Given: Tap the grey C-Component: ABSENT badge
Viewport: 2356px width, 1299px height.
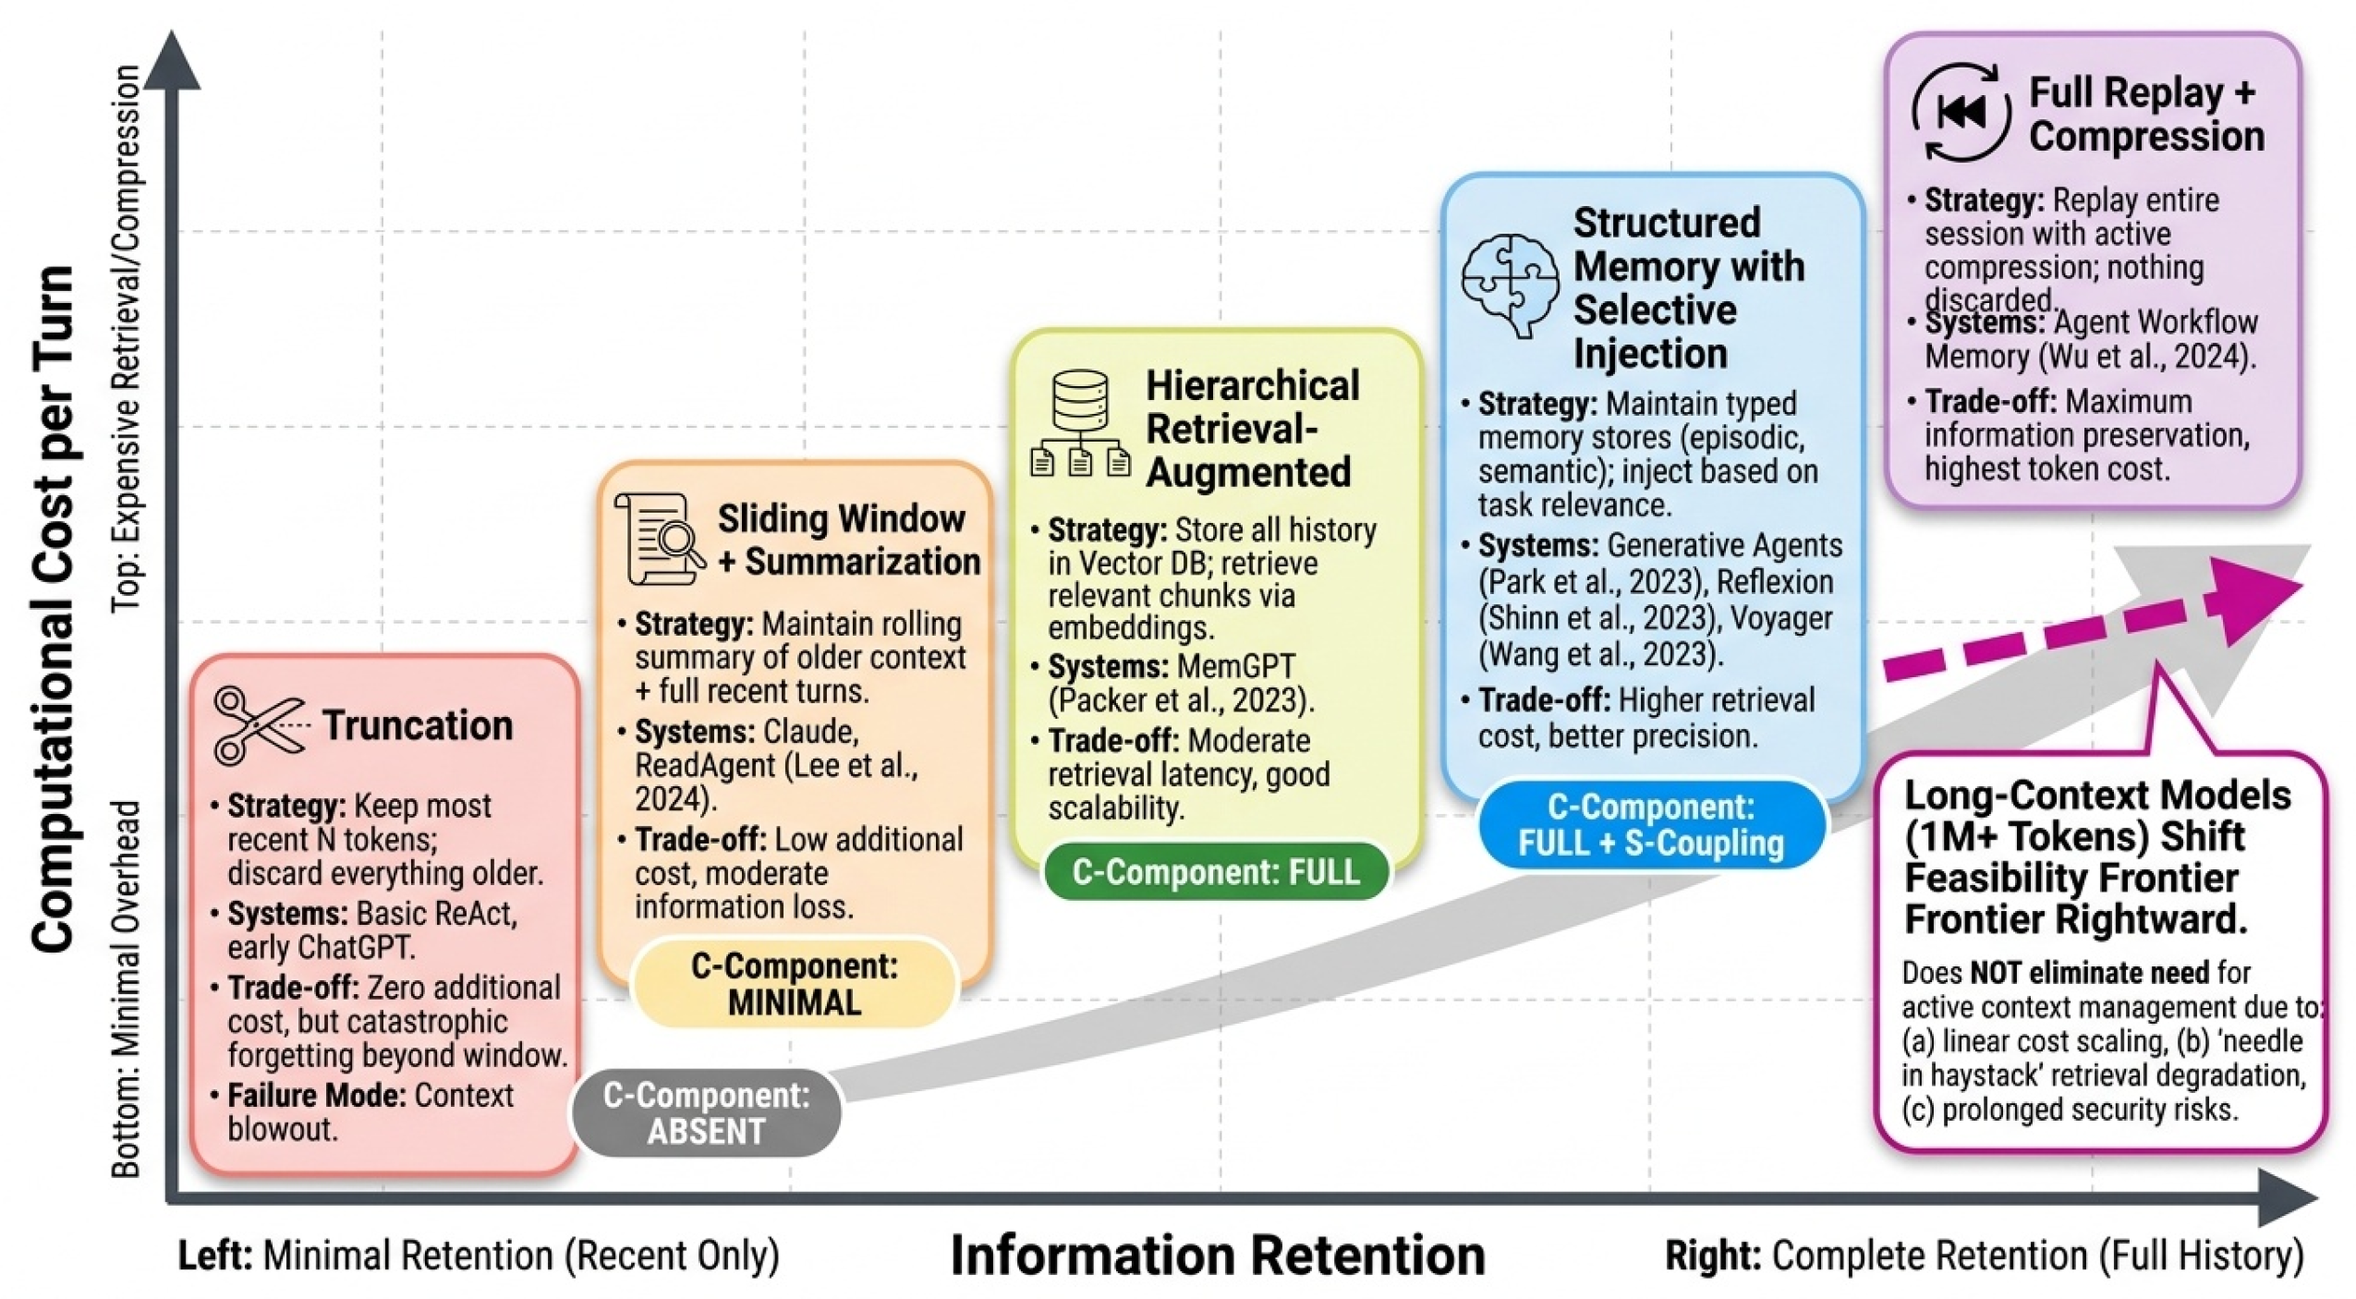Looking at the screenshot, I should coord(707,1112).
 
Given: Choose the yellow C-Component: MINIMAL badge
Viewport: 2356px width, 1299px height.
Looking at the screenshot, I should coord(795,984).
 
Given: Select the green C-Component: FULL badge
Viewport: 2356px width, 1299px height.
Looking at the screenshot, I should coord(1216,871).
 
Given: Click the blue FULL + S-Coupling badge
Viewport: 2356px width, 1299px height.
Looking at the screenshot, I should coord(1651,825).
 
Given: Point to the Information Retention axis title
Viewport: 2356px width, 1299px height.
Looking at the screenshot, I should coord(1217,1256).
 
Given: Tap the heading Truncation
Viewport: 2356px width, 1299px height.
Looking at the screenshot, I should coord(418,725).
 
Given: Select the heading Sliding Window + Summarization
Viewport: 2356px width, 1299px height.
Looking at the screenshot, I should coord(848,540).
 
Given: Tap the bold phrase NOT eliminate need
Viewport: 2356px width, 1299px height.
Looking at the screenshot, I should coord(2089,973).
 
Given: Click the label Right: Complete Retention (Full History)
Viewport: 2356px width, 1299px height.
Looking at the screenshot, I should coord(1984,1256).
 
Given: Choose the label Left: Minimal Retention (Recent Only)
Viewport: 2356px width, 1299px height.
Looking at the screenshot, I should coord(479,1256).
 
